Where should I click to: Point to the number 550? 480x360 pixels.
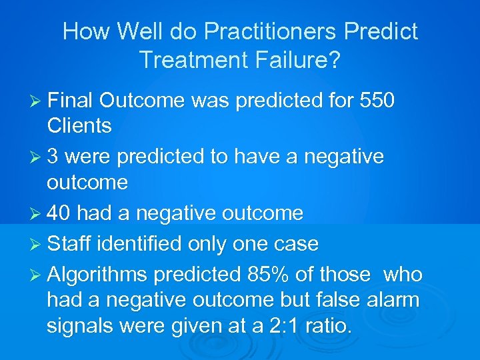click(377, 101)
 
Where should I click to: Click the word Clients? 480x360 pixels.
click(79, 125)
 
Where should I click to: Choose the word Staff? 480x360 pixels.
click(69, 243)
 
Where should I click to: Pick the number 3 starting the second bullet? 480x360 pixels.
click(53, 157)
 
